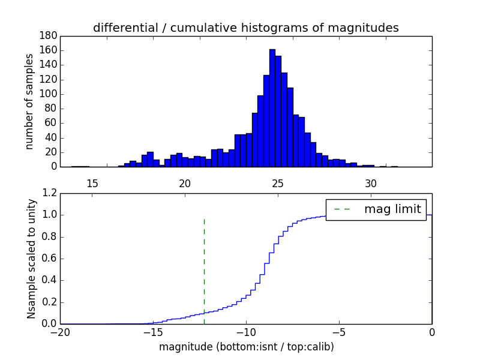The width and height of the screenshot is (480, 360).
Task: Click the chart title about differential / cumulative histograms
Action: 245,28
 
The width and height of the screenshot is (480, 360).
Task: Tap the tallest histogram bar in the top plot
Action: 272,108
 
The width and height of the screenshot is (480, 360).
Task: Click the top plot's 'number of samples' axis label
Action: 29,101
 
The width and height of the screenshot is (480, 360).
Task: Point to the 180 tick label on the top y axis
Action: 48,35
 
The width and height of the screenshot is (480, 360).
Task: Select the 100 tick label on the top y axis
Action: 48,94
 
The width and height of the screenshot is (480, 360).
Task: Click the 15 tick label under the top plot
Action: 92,183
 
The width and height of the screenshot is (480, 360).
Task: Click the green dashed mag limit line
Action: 204,264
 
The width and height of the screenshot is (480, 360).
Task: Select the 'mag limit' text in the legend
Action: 392,209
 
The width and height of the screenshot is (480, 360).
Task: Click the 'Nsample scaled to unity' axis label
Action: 31,258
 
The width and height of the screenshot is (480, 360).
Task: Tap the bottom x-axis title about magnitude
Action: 246,347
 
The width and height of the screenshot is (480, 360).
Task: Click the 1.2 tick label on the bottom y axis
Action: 50,193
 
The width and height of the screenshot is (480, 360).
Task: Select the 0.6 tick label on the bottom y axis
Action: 50,259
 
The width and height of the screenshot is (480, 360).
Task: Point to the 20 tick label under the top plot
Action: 185,183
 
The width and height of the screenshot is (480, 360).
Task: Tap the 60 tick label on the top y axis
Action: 50,123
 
